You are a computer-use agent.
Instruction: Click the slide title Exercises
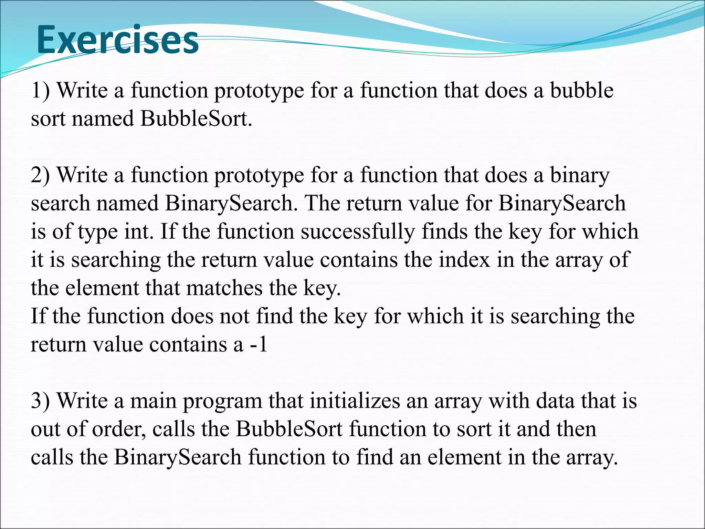[x=117, y=40]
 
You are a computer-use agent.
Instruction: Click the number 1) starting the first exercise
[x=40, y=90]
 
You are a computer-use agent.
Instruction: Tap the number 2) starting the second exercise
[x=40, y=175]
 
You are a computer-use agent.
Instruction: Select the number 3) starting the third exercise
[x=40, y=401]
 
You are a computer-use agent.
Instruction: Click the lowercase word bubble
[x=581, y=90]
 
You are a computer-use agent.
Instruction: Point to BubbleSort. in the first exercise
[x=196, y=118]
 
